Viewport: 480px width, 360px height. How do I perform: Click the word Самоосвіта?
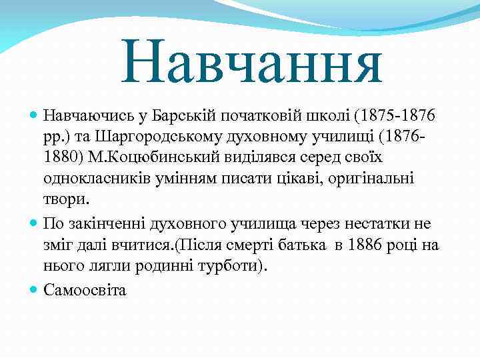tap(85, 290)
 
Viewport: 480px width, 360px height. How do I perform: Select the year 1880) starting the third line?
tap(62, 159)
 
